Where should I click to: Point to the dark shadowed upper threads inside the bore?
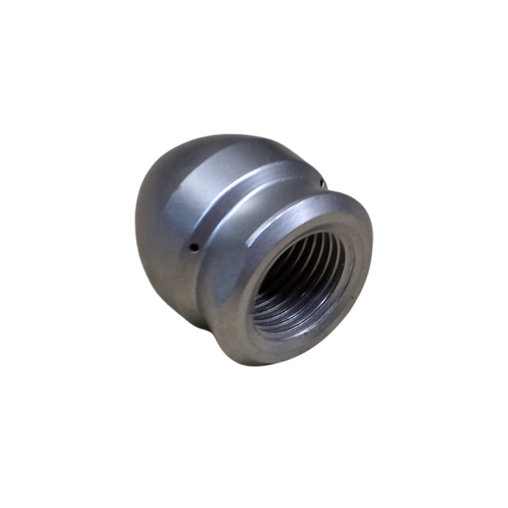(301, 247)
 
